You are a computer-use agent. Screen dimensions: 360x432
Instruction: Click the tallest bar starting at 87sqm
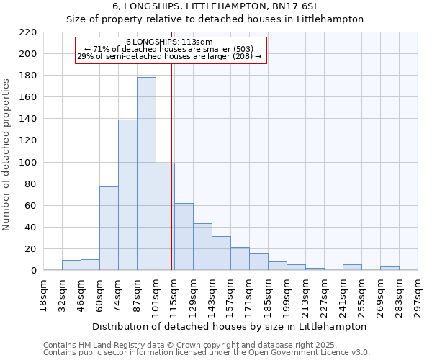(146, 174)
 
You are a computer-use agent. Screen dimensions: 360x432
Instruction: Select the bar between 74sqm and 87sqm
(127, 195)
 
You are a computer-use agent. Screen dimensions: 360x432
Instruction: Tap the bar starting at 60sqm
(109, 228)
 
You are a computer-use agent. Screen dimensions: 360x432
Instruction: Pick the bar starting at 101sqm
(165, 217)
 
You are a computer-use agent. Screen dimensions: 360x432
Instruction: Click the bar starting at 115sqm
(184, 237)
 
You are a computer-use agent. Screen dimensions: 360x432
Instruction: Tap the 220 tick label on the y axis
(27, 32)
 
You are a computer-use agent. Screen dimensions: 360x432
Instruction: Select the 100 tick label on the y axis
(27, 163)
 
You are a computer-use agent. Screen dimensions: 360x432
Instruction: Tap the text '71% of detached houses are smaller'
(170, 49)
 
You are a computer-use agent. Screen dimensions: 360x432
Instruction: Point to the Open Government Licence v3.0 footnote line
(207, 352)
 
